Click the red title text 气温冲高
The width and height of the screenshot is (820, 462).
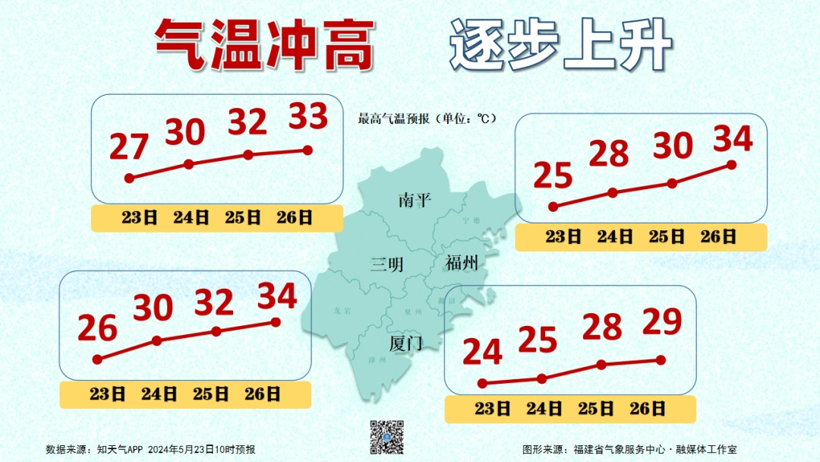coord(264,44)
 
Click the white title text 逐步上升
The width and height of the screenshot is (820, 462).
coord(561,44)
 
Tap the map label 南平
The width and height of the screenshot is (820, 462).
coord(415,201)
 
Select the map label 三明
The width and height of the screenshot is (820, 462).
coord(386,264)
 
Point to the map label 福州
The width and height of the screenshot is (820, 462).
coord(462,264)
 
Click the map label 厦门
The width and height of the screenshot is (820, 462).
coord(405,343)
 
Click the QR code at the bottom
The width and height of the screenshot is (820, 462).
coord(386,437)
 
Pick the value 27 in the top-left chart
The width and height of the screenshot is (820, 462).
coord(129,147)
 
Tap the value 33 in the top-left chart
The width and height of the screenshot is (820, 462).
coord(307,117)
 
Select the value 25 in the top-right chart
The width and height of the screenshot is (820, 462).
coord(553,176)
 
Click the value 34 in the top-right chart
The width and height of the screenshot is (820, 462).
coord(733,138)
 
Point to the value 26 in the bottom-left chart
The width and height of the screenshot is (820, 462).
coord(98,329)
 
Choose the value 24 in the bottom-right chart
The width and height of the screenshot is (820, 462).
coord(482,353)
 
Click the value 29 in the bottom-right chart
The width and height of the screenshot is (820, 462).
coord(662,323)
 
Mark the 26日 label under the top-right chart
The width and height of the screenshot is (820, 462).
coord(717,237)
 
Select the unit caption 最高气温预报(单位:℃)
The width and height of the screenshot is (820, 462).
coord(427,119)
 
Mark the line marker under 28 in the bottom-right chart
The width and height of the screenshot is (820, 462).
coord(601,365)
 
